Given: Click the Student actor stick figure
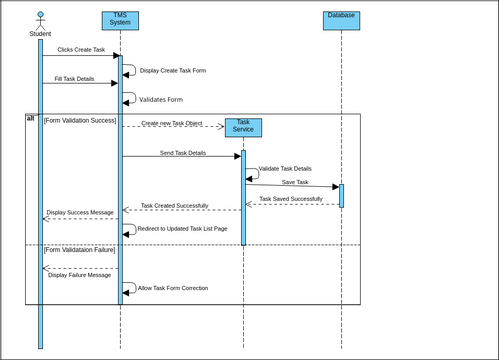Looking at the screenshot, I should pos(40,19).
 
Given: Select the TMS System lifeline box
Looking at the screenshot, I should pos(120,20).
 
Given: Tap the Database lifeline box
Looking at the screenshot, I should pos(341,20).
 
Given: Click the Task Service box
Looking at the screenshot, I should pos(243,127).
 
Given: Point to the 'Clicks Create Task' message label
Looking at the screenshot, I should pos(81,49).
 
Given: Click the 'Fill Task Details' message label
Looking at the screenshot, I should pos(74,78).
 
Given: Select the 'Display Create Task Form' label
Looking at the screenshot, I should pos(173,71).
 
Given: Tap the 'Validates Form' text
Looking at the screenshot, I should pos(161,100).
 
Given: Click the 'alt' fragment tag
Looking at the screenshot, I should pos(31,119).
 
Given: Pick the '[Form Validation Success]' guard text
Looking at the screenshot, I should pos(80,120).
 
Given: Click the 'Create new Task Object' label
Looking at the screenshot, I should pos(171,123).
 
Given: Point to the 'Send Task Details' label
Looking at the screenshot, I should pos(183,153).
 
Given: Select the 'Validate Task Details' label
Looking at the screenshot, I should pos(285,169).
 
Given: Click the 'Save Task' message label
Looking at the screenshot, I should pos(295,182).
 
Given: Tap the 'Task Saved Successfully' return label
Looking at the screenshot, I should pos(291,199).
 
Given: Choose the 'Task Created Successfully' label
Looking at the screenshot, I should pos(174,205).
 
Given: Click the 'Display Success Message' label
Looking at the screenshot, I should pos(80,212).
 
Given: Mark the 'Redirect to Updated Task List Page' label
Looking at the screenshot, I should pos(182,229).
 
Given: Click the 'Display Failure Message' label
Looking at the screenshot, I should pos(79,275).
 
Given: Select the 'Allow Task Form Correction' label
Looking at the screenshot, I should pos(173,287).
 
